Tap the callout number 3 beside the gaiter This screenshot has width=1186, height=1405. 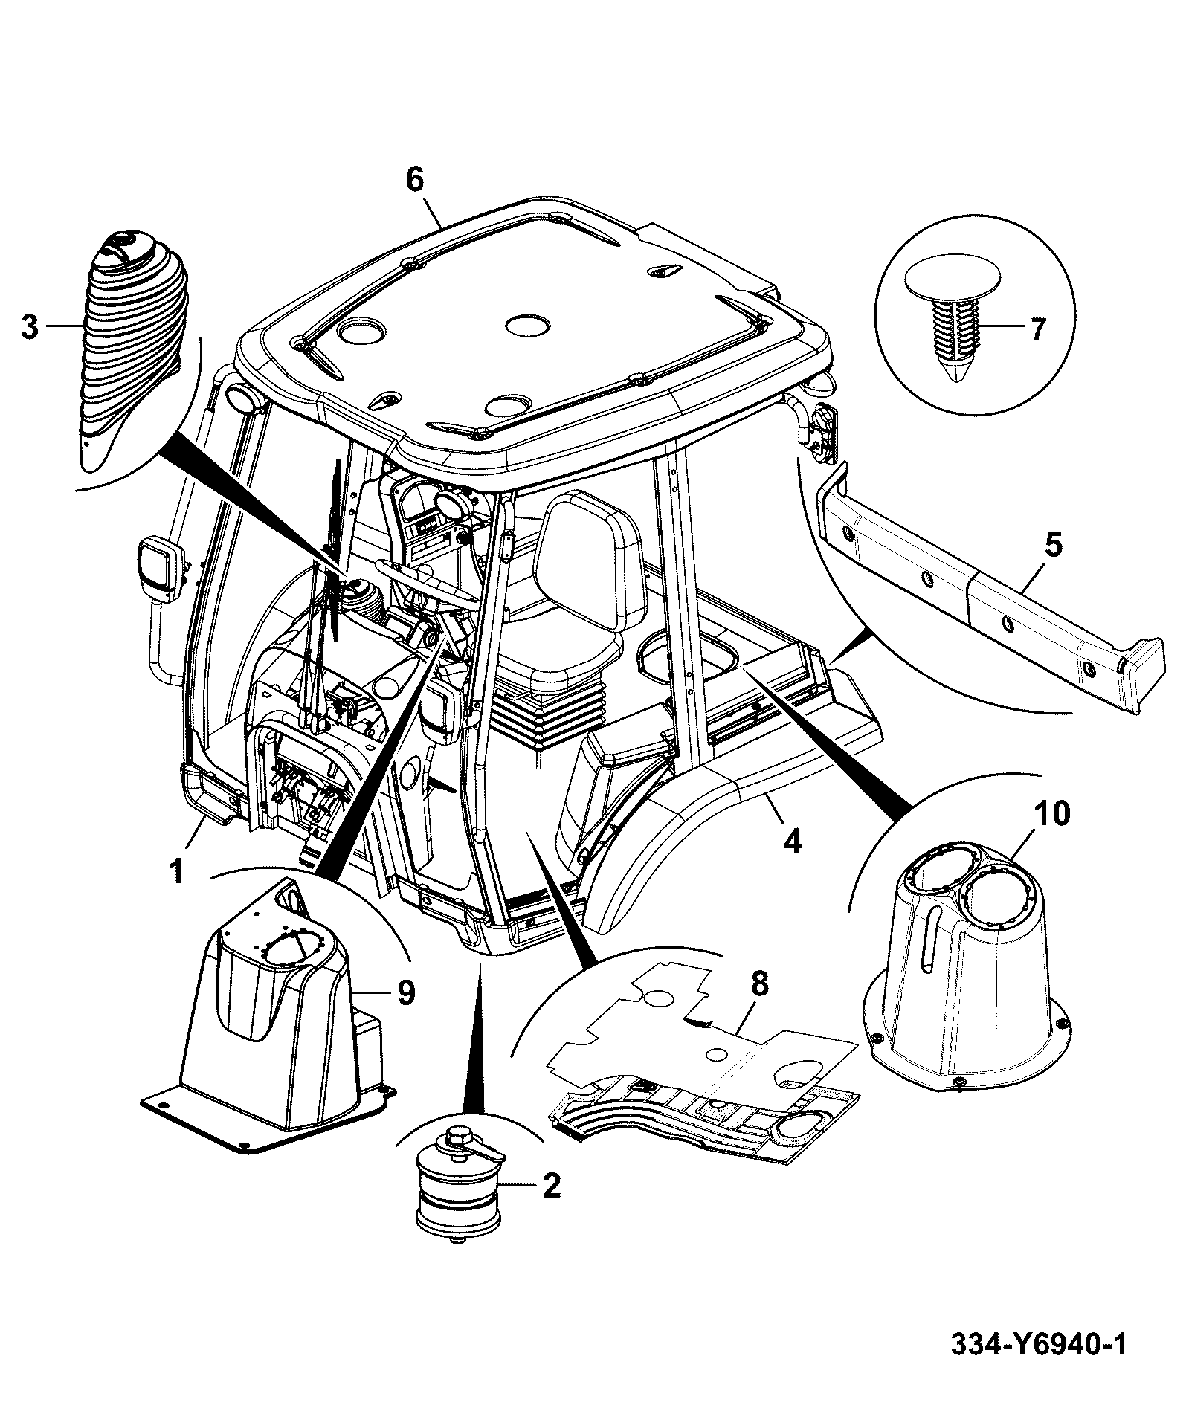29,327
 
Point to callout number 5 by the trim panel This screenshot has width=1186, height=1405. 1053,546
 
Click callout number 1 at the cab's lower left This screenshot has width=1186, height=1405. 176,871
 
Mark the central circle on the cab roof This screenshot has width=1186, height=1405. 526,325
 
